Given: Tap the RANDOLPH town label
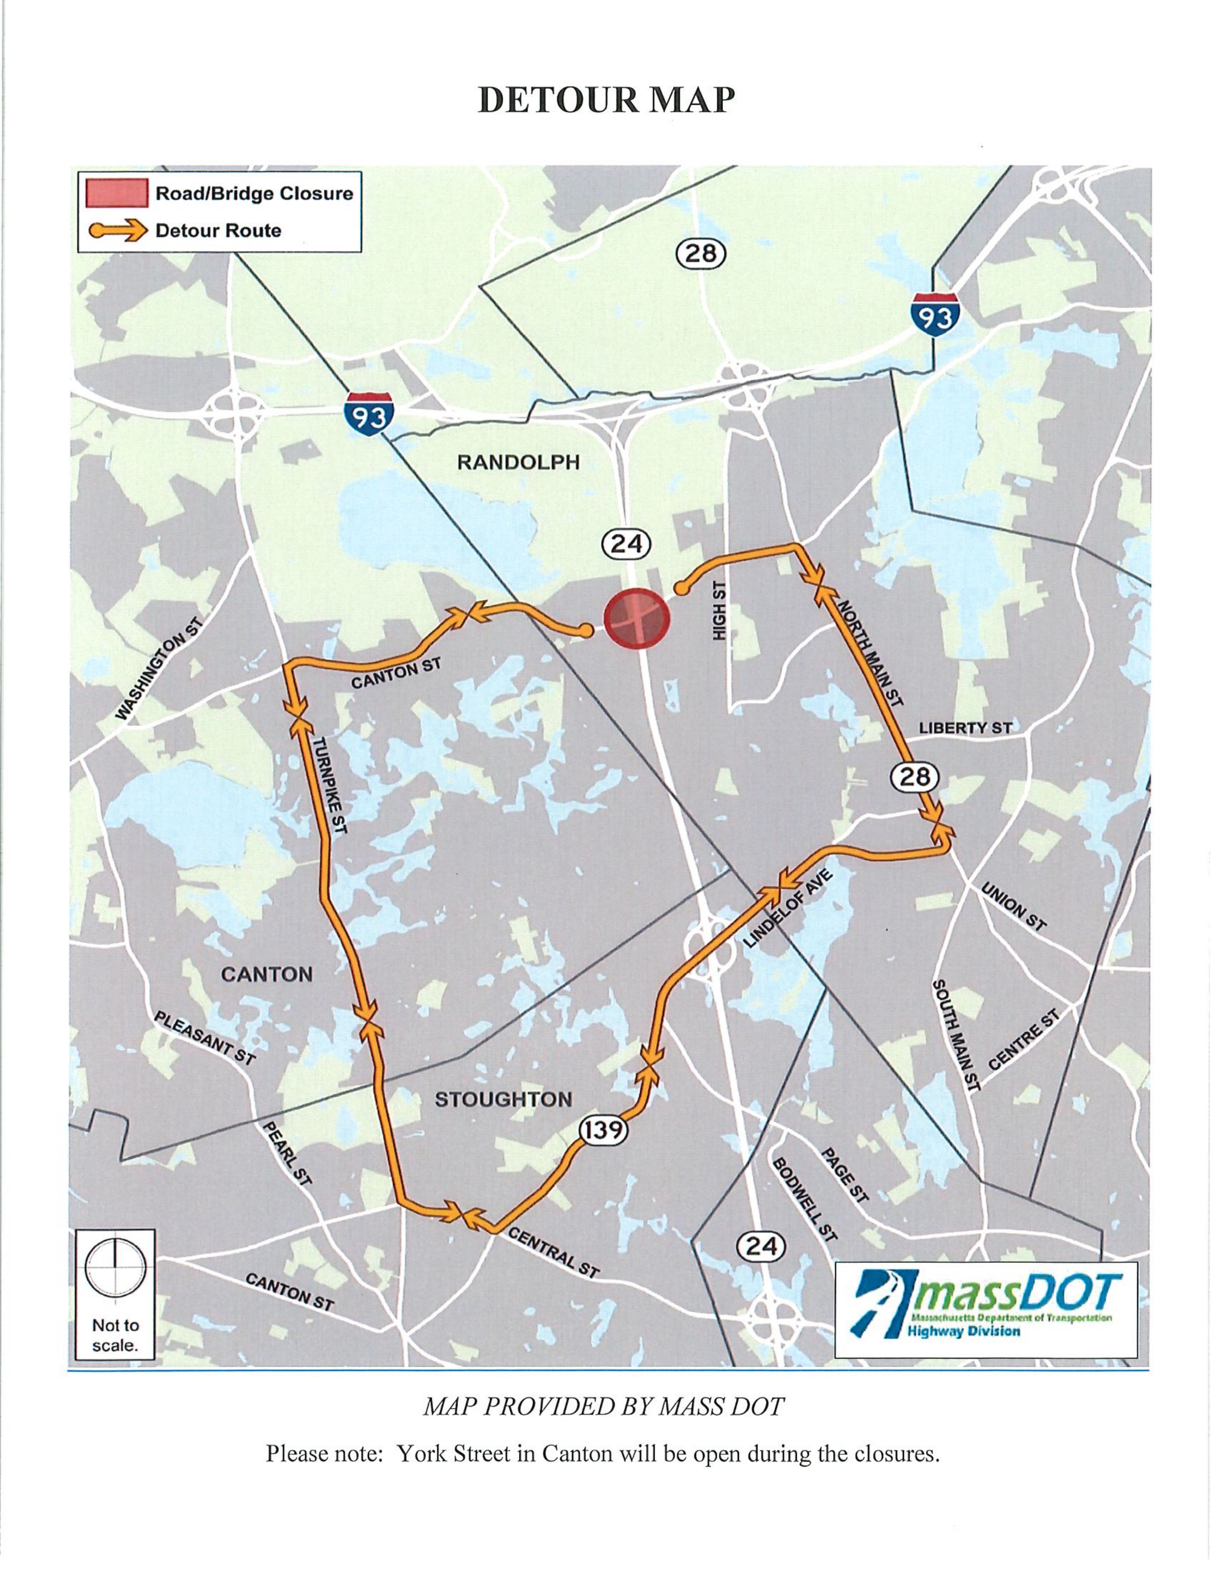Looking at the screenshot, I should [x=518, y=462].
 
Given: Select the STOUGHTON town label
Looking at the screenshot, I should [x=503, y=1099].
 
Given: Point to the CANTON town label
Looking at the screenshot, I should [x=267, y=975].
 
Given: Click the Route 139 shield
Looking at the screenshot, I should [x=602, y=1130].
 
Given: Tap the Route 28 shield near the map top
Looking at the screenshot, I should [x=701, y=254].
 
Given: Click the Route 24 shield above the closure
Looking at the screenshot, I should [x=625, y=544].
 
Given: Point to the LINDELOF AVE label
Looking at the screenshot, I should [x=787, y=908].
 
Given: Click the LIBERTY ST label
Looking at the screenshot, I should [x=965, y=728].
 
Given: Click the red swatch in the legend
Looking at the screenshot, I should [x=117, y=193].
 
